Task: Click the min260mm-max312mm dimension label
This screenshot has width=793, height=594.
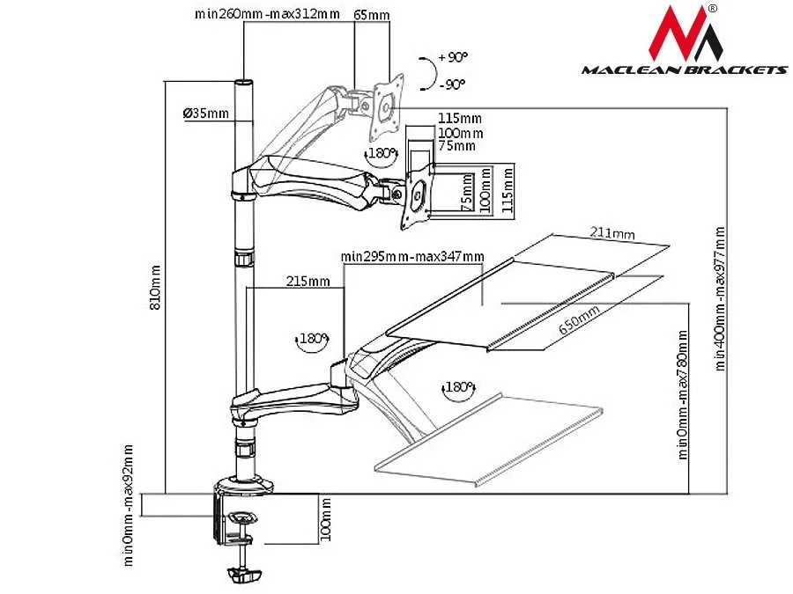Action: (268, 13)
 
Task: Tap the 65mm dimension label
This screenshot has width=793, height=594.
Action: (372, 15)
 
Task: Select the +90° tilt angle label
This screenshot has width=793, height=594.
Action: (453, 57)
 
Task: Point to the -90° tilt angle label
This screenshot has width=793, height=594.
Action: (453, 84)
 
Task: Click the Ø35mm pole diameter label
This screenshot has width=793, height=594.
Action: (206, 113)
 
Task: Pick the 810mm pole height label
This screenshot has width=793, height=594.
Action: (155, 288)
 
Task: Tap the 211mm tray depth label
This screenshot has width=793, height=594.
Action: (612, 233)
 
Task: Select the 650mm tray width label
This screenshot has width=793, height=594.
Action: (579, 320)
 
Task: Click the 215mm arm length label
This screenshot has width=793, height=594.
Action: (308, 281)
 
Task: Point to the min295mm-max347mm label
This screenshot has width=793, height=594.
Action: (412, 257)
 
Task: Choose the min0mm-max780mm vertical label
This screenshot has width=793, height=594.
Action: (682, 395)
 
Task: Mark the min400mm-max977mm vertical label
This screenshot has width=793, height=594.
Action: (720, 299)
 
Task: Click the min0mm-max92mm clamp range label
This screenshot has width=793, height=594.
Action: (128, 505)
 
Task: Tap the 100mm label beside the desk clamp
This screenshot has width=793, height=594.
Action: (326, 519)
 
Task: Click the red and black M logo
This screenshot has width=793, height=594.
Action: (686, 33)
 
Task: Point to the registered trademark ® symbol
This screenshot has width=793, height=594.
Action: (713, 8)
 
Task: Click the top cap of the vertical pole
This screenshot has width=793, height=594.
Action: (244, 83)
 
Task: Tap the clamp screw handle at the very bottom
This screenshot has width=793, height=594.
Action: (245, 575)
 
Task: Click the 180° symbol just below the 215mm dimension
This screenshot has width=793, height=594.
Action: (312, 340)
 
